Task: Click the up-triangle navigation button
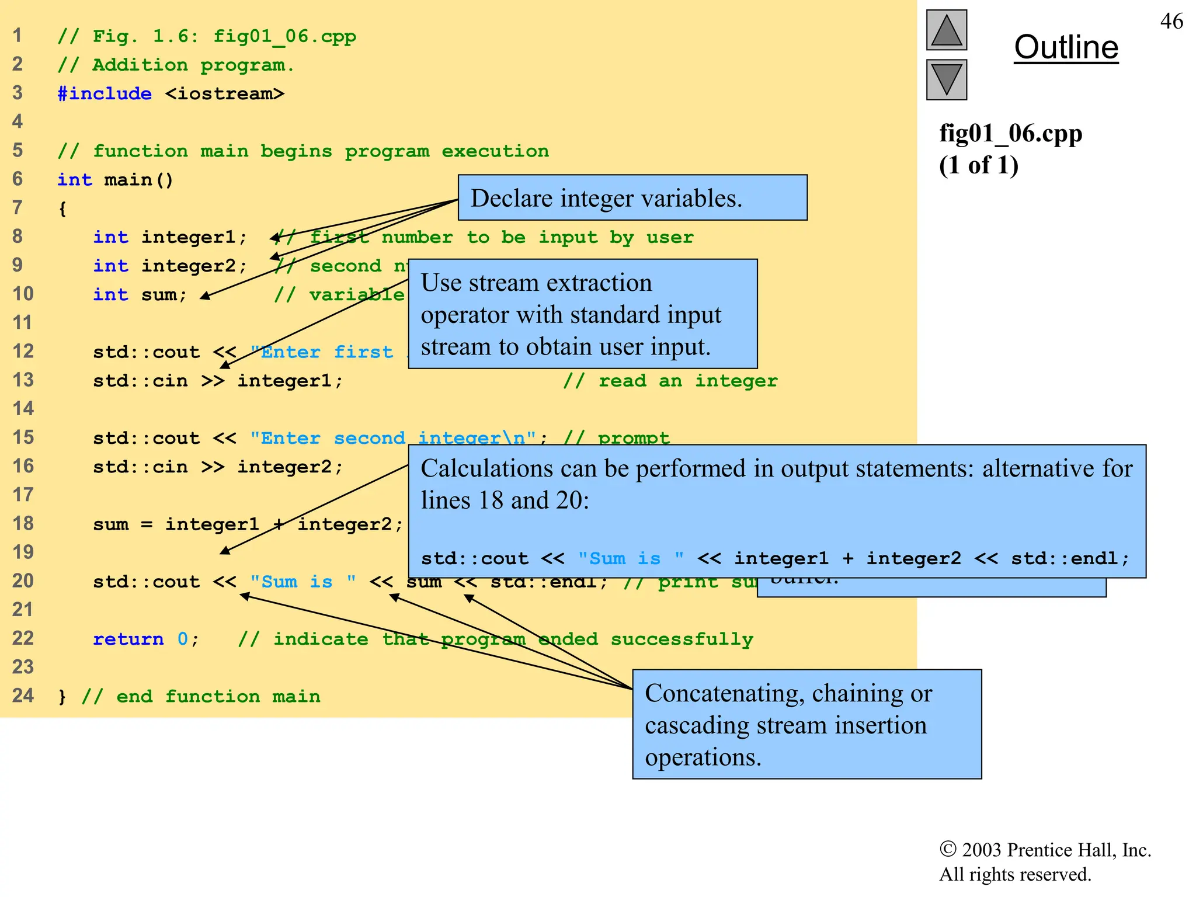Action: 946,30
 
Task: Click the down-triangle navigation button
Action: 946,79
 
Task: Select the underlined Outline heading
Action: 1066,48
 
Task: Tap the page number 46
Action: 1171,22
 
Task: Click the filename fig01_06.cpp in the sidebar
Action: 1010,134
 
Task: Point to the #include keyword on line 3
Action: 105,93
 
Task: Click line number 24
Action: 23,696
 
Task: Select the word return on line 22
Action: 128,639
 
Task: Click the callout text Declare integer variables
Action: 606,199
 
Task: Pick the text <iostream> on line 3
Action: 225,93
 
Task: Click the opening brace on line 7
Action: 62,208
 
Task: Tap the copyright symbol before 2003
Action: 947,849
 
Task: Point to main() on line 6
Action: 138,180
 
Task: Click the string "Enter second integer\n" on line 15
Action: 393,438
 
